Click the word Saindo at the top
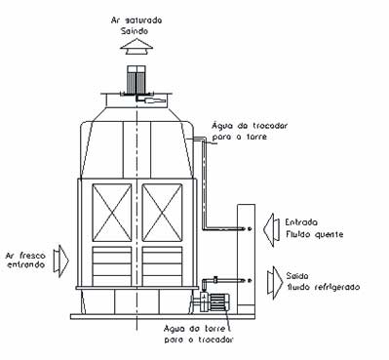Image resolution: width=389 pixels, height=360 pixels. [140, 29]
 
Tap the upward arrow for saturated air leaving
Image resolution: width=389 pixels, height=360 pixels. [140, 46]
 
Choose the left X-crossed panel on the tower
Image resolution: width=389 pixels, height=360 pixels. [110, 215]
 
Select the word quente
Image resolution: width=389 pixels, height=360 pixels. [317, 235]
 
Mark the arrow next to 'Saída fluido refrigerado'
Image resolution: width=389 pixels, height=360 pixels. [271, 281]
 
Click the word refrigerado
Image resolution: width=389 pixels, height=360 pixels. [333, 287]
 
